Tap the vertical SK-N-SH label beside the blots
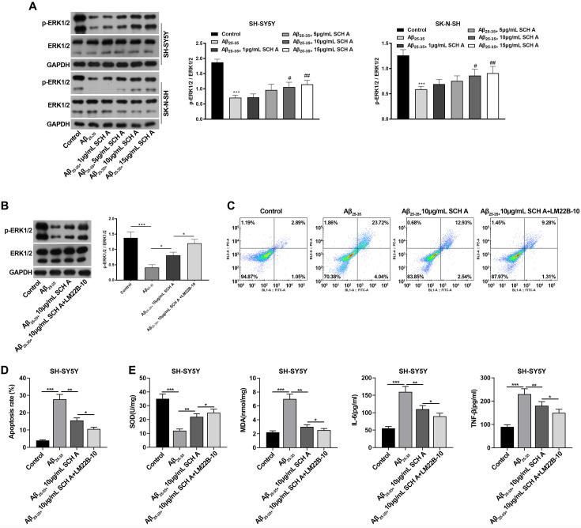[x=165, y=101]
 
